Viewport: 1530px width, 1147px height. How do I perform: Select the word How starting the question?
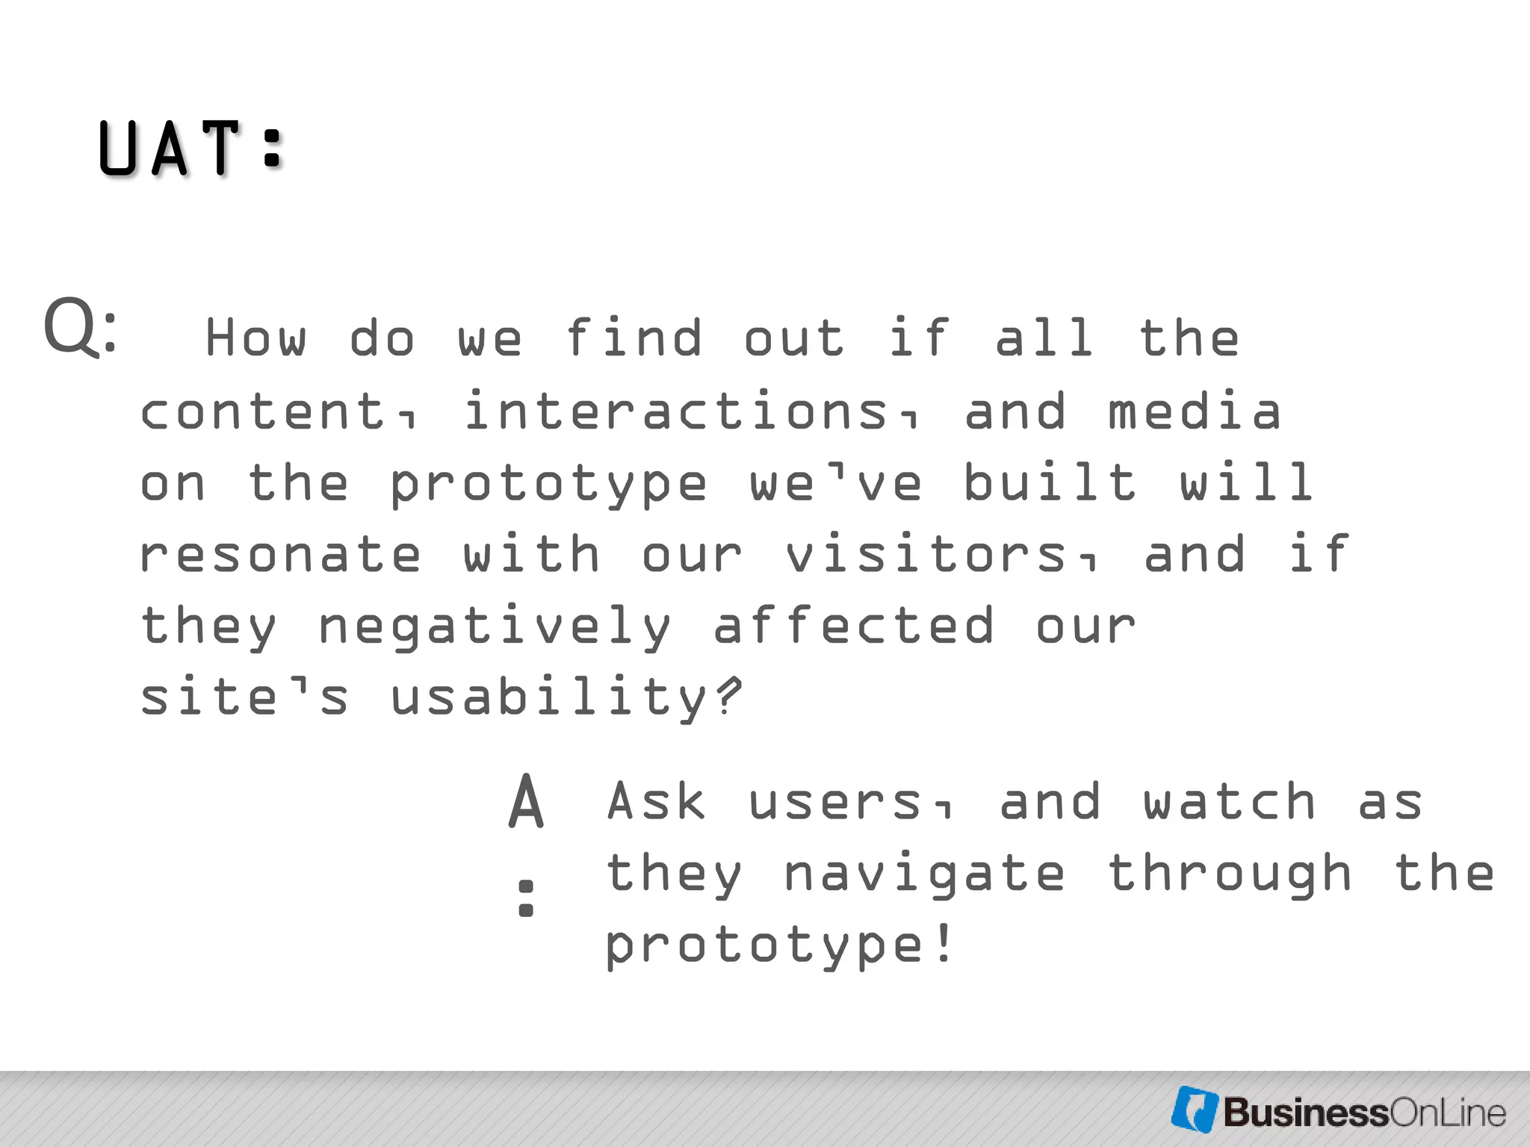255,338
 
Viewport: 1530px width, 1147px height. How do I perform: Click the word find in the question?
634,338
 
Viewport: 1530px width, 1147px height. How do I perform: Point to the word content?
270,411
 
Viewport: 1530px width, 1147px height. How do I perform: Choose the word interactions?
675,411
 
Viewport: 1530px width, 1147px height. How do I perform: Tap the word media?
1194,411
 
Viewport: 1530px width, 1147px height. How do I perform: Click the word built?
1050,482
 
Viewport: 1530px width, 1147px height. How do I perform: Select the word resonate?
280,554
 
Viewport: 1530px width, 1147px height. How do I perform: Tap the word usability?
549,697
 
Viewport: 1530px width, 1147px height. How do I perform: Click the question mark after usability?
728,694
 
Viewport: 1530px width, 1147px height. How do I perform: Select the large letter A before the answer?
527,802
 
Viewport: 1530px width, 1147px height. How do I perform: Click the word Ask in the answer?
656,801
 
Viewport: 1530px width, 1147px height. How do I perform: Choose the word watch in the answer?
1229,801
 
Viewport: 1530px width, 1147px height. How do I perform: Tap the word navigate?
924,874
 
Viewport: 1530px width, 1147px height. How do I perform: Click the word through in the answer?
1229,874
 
